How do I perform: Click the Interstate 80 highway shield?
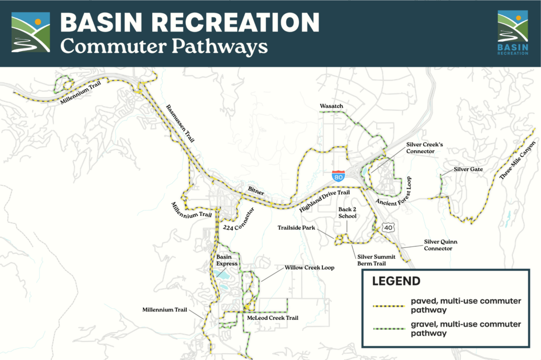click(x=338, y=176)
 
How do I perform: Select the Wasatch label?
click(x=331, y=107)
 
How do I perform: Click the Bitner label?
click(x=255, y=188)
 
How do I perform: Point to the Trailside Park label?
click(x=296, y=228)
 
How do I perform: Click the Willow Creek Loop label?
click(x=310, y=268)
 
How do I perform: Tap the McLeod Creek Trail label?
click(x=273, y=318)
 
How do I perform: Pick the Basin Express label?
click(x=228, y=260)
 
